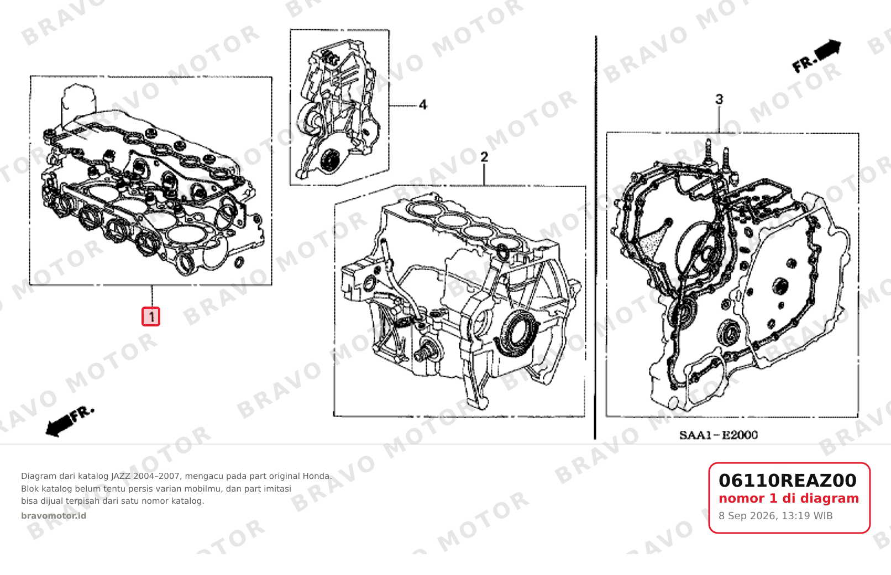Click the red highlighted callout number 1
click(151, 316)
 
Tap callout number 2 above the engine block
click(484, 157)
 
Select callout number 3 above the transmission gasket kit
click(719, 99)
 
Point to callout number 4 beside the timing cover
click(423, 105)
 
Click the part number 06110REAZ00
click(788, 481)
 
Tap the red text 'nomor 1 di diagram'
click(789, 498)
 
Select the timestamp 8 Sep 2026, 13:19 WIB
click(775, 516)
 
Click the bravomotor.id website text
click(54, 516)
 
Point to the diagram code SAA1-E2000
click(719, 435)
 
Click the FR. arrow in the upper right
click(816, 56)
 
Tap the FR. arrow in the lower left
click(70, 421)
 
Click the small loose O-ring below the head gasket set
click(239, 262)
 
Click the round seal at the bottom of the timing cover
click(330, 161)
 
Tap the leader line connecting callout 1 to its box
click(151, 296)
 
